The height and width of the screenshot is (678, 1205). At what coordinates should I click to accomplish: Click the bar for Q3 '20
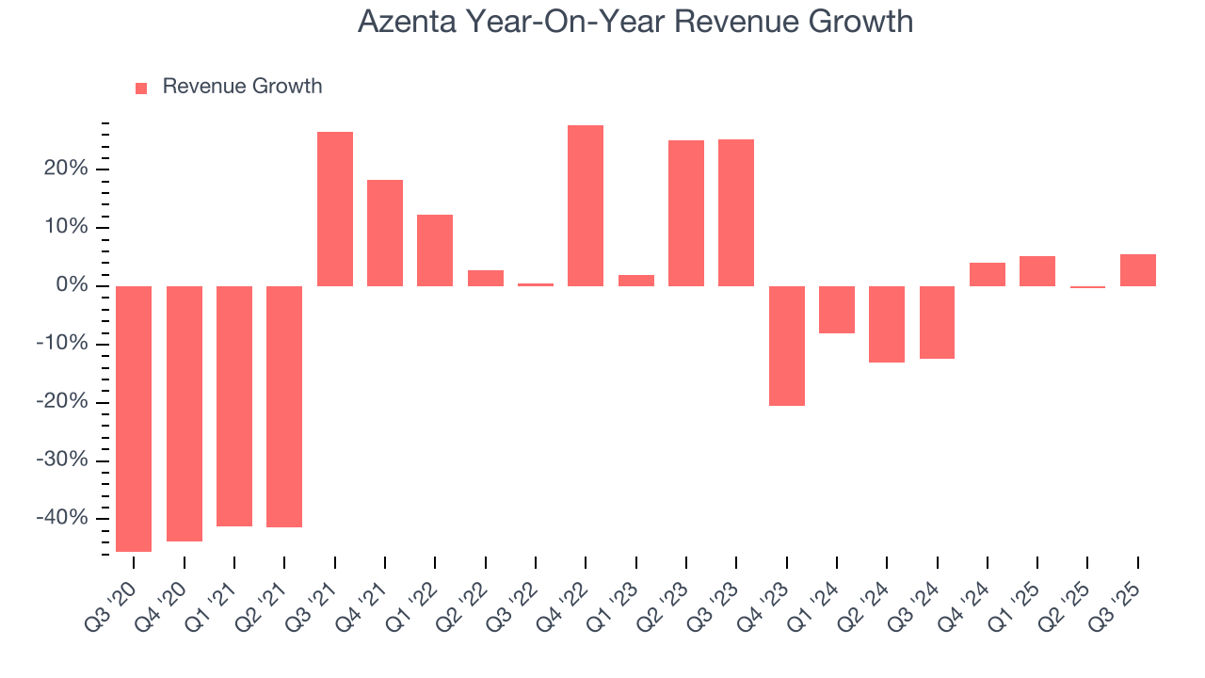pyautogui.click(x=134, y=418)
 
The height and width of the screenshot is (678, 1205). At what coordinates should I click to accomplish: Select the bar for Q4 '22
pyautogui.click(x=586, y=205)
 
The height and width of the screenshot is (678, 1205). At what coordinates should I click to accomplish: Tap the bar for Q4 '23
pyautogui.click(x=787, y=346)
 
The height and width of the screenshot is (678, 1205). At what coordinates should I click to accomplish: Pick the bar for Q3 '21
pyautogui.click(x=335, y=209)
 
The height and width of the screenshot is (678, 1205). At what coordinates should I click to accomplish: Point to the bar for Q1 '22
pyautogui.click(x=435, y=250)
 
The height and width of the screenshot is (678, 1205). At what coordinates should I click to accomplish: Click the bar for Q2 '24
pyautogui.click(x=887, y=324)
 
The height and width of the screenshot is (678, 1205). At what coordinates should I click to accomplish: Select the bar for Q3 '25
pyautogui.click(x=1138, y=270)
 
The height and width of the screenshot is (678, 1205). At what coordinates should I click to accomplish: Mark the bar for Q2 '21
pyautogui.click(x=284, y=406)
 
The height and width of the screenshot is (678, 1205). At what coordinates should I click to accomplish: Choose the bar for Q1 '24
pyautogui.click(x=837, y=310)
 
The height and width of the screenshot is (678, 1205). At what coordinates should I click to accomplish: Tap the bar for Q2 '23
pyautogui.click(x=686, y=213)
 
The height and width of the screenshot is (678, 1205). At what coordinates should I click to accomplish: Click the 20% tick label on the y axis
pyautogui.click(x=65, y=169)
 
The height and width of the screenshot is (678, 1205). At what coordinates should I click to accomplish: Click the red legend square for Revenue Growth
pyautogui.click(x=141, y=88)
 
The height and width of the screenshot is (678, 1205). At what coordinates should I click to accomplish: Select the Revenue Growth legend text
pyautogui.click(x=242, y=87)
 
